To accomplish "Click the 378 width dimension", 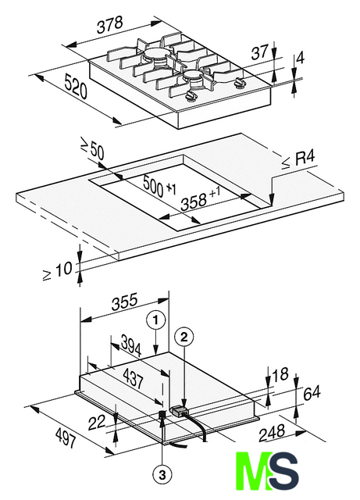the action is click(x=110, y=24).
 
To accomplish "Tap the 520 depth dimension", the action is click(x=76, y=86).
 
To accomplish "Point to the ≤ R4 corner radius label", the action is click(x=298, y=159).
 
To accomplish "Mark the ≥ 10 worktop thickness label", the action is click(x=58, y=271).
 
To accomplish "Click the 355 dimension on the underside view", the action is click(x=125, y=301).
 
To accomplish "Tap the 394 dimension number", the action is click(x=131, y=347).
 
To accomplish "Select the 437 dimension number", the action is click(x=133, y=378).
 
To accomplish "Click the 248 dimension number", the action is click(x=271, y=433).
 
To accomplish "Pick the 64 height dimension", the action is click(x=312, y=393).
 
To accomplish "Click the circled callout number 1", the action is click(x=155, y=320).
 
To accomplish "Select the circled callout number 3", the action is click(x=162, y=476).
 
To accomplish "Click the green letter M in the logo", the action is click(x=254, y=471).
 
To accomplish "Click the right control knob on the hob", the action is click(x=239, y=83).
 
